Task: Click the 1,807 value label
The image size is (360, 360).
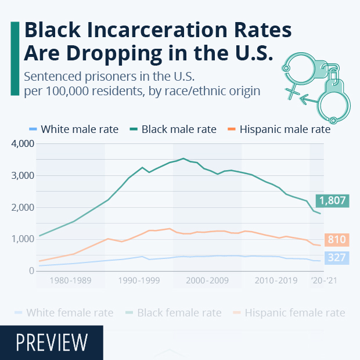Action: pos(332,201)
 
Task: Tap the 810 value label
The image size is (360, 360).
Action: pos(336,239)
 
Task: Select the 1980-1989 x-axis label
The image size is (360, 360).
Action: pos(70,280)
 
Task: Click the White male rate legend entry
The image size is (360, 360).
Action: pos(74,129)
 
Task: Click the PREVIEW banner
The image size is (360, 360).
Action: pos(52,343)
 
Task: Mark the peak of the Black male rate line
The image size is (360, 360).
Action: pos(183,158)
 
